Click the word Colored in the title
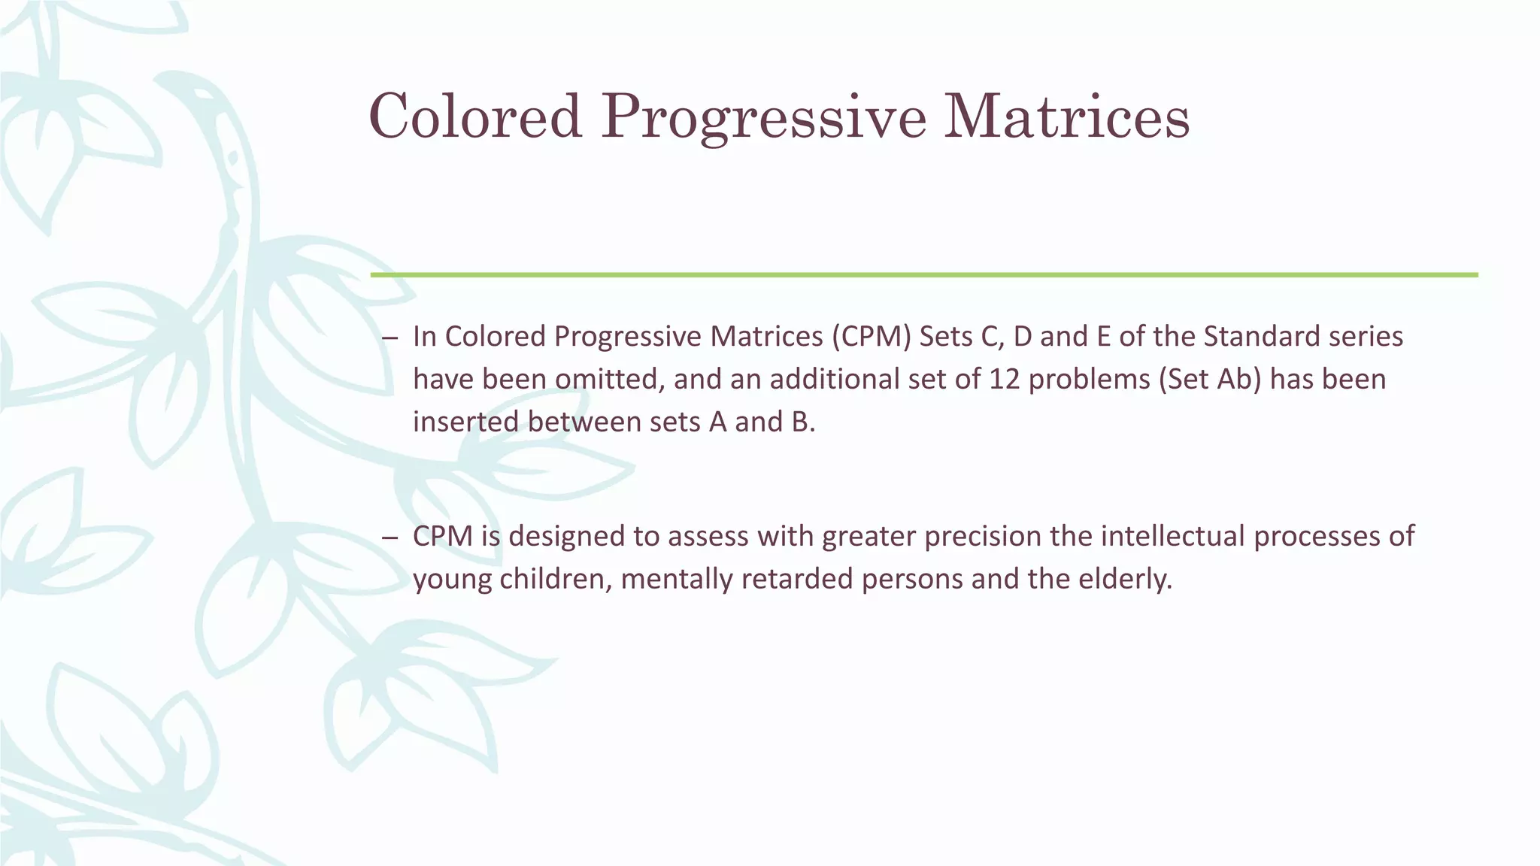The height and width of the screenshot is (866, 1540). [475, 117]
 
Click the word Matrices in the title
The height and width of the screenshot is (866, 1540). [1066, 117]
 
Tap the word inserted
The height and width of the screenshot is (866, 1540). [465, 422]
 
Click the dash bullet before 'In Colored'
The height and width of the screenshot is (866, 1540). [389, 338]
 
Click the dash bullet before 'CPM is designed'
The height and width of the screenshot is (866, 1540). [389, 538]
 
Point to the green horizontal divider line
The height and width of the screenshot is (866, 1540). [923, 275]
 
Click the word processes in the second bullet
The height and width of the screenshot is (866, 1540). [1320, 537]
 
